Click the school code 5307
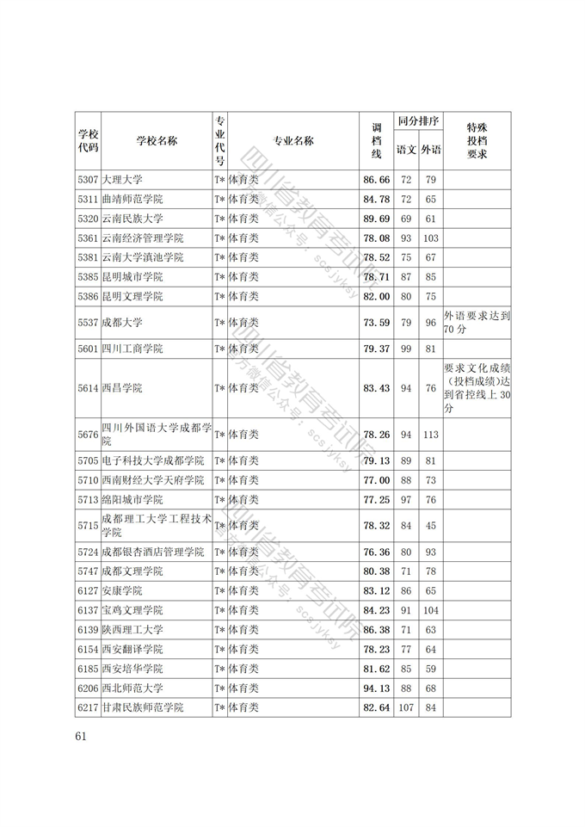click(x=88, y=180)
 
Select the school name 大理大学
click(x=121, y=180)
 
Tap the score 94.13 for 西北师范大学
click(x=377, y=688)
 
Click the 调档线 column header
click(x=376, y=141)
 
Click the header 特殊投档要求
click(x=477, y=141)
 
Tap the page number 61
click(x=83, y=736)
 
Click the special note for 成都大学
click(x=477, y=323)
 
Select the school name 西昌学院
click(x=121, y=388)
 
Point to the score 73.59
click(x=377, y=323)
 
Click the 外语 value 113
click(x=431, y=435)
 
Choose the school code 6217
click(x=88, y=707)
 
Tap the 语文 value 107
click(x=406, y=707)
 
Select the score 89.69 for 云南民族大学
click(x=377, y=219)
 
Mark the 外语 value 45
click(x=431, y=526)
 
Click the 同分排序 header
click(x=418, y=121)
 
